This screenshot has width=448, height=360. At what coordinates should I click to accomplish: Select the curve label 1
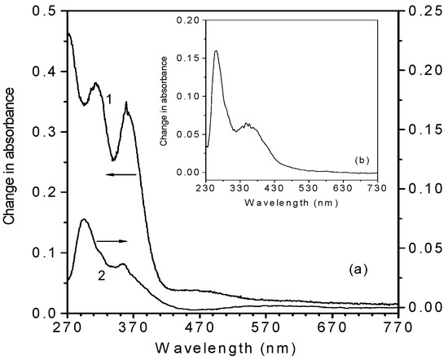click(x=108, y=99)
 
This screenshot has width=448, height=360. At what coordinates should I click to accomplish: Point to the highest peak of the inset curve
click(x=217, y=50)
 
